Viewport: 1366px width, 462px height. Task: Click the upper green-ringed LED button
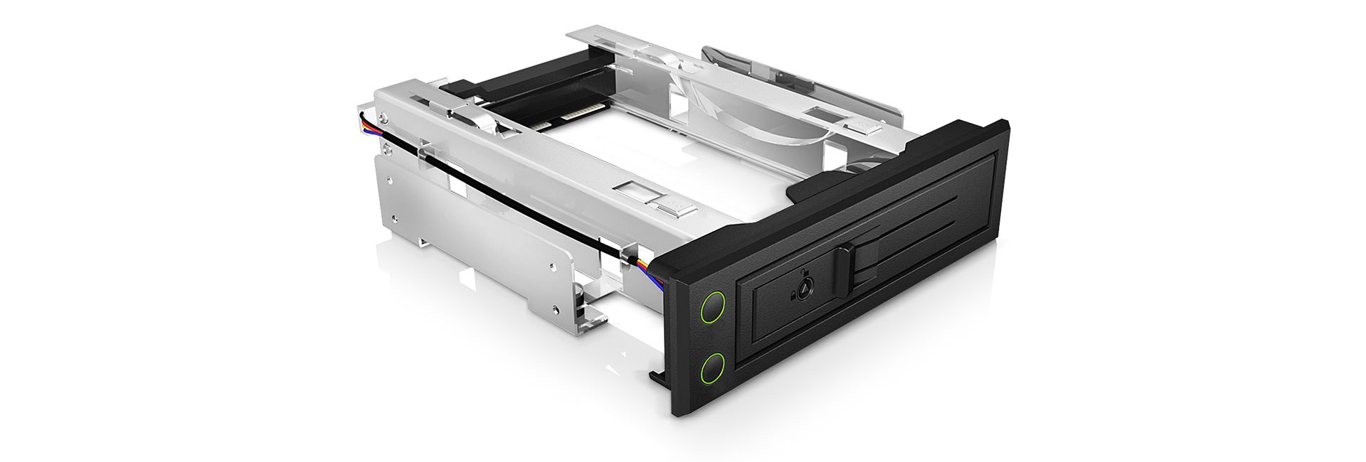tap(713, 308)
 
